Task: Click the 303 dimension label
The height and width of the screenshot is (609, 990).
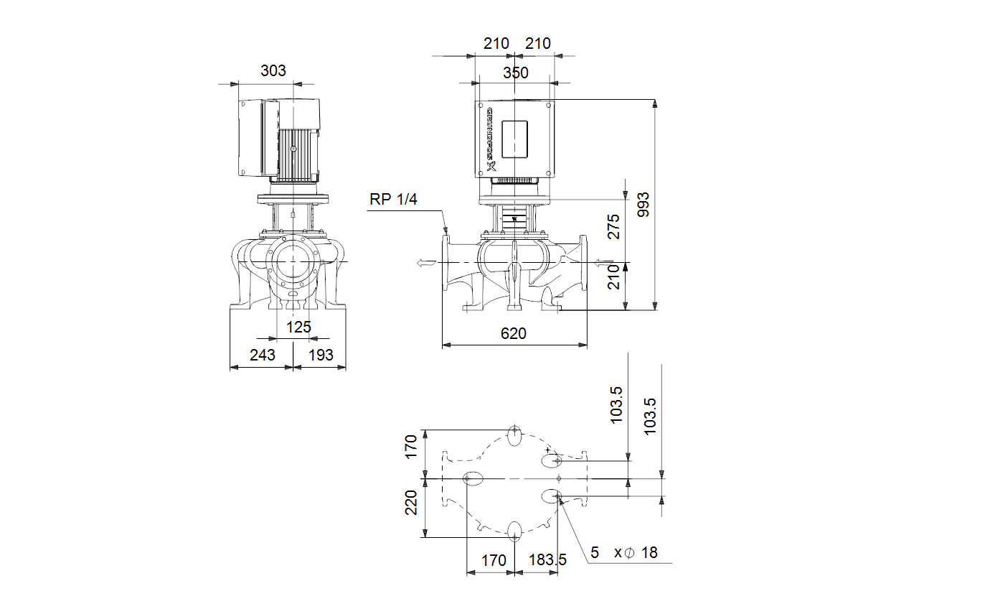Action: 273,71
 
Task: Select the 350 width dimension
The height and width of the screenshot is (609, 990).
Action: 515,73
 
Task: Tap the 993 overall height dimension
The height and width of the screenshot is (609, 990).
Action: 643,205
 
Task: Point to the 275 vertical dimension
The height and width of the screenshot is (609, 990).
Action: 613,227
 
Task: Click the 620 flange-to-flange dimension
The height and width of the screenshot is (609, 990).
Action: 513,334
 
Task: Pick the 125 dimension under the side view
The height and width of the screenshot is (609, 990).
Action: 298,327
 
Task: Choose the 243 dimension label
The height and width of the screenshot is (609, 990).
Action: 262,355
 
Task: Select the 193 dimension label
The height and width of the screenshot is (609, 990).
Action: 321,355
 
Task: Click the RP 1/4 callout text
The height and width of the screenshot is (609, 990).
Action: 393,199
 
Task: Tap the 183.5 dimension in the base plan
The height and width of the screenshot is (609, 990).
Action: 547,560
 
